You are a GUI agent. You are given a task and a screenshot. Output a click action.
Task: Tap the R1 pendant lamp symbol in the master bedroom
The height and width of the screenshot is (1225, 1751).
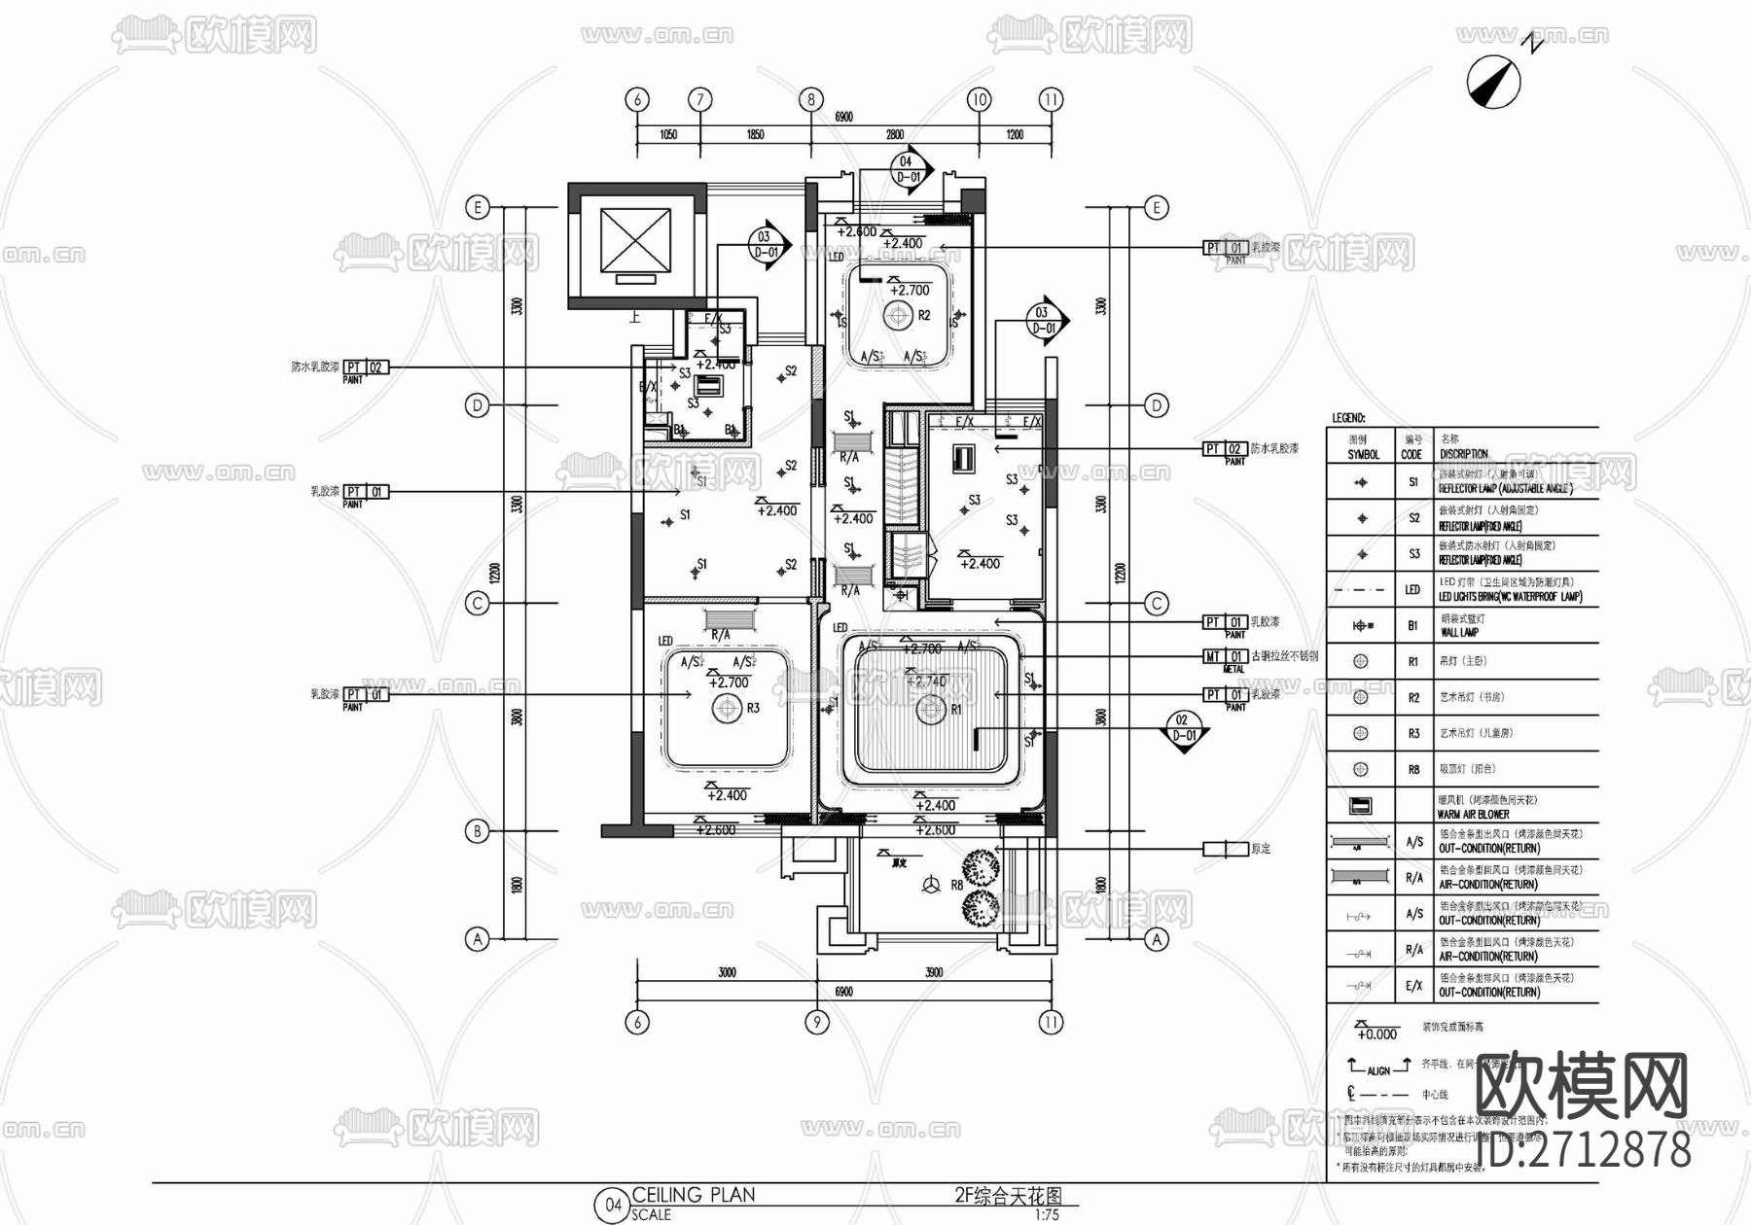(932, 711)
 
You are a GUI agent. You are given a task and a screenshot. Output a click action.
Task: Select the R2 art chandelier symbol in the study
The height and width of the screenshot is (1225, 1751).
(896, 315)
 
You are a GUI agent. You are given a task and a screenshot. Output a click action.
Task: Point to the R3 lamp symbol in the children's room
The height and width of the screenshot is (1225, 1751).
(727, 709)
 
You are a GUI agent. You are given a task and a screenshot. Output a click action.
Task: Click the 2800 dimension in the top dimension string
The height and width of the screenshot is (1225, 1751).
(894, 135)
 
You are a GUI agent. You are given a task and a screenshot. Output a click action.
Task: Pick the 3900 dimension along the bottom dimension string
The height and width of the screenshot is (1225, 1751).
(933, 972)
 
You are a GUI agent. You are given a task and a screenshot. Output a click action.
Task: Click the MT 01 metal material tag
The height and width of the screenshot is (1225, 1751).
(1226, 657)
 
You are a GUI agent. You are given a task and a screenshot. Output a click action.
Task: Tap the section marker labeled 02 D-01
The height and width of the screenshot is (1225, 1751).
(1183, 729)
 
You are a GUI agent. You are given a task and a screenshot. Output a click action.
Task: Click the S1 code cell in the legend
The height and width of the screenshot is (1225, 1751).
(1413, 482)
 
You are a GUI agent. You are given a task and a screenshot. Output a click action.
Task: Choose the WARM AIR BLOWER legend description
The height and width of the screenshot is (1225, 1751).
(1473, 815)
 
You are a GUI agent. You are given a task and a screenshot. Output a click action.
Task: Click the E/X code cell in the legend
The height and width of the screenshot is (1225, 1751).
(1413, 986)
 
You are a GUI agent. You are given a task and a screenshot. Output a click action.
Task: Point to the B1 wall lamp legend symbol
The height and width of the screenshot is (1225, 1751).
(1361, 626)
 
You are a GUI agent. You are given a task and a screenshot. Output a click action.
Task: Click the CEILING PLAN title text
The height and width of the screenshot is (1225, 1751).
(694, 1195)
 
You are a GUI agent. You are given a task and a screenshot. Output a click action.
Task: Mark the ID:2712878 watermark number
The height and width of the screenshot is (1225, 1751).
(1584, 1150)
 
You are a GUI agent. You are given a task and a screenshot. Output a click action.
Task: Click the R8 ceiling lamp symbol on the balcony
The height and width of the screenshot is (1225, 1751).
(932, 885)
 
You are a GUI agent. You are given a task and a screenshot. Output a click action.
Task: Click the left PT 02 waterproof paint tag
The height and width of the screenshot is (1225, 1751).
(365, 367)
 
